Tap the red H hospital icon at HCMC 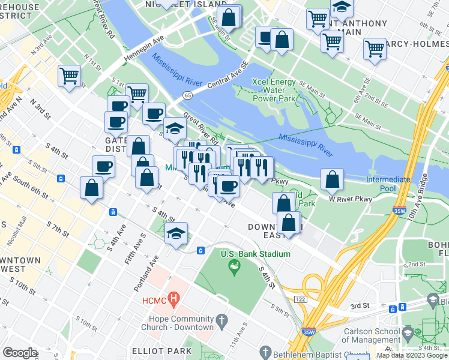[174, 298]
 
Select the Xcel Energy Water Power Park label [274, 90]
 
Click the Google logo [20, 353]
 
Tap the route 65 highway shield [188, 95]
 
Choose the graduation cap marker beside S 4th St [176, 233]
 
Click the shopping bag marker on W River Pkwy [332, 179]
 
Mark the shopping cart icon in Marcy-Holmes [375, 49]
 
